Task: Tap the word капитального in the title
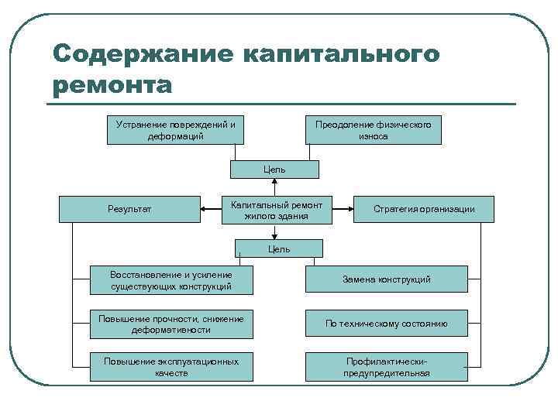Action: point(342,55)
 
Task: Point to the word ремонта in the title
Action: point(112,84)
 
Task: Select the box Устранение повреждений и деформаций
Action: point(175,130)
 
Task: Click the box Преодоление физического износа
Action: point(374,130)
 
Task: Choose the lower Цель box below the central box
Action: point(279,248)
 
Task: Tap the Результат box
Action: point(129,209)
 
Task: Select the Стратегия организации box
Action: point(423,209)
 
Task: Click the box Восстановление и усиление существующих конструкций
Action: point(171,280)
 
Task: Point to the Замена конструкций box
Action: point(387,279)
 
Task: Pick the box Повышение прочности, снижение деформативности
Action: point(171,324)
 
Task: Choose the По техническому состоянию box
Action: point(387,324)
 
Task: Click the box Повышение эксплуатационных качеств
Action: point(171,367)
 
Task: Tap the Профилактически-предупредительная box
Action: point(387,367)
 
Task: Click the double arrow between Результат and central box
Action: point(211,208)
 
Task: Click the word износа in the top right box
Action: point(374,136)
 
